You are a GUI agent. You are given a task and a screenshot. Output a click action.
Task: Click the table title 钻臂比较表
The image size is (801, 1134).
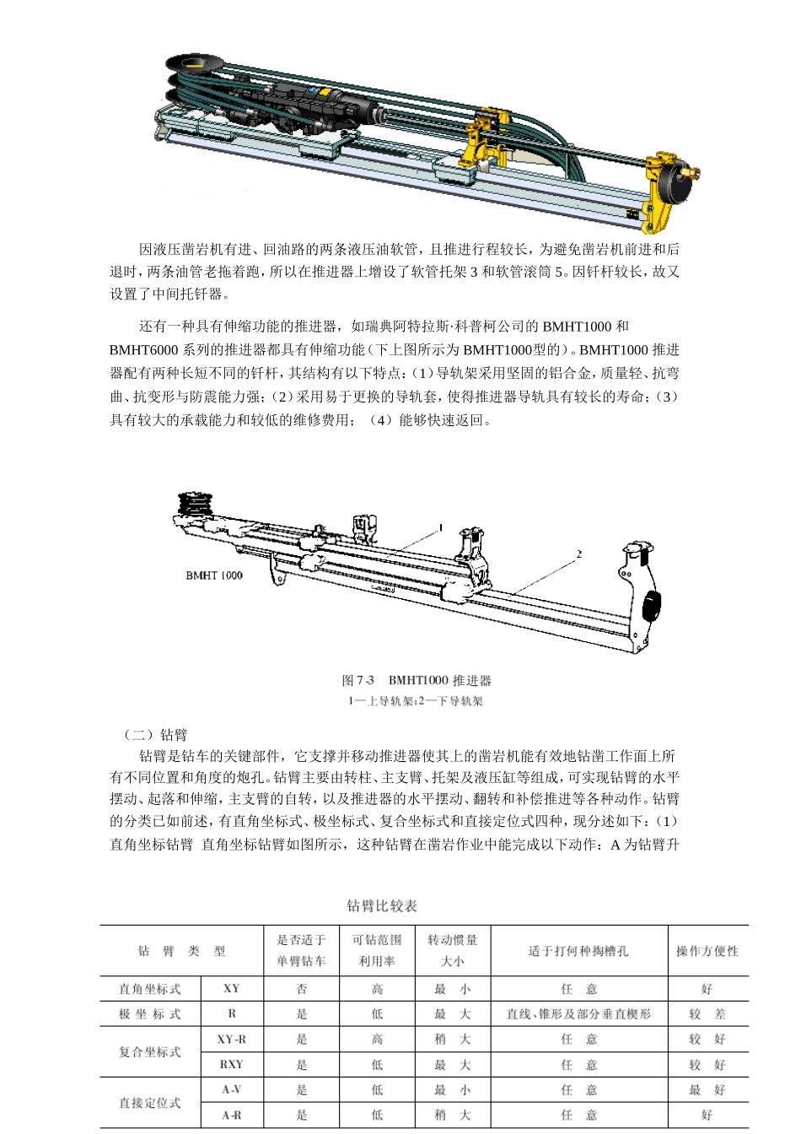coord(382,906)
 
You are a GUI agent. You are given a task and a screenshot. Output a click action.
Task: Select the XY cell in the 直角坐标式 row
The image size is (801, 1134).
coord(231,989)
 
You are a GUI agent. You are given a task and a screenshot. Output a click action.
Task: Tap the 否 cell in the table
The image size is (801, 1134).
coord(302,989)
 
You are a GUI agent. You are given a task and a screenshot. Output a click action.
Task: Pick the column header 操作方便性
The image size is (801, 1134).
coord(707,951)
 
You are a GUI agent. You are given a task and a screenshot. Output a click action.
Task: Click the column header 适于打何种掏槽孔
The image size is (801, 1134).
coord(578,951)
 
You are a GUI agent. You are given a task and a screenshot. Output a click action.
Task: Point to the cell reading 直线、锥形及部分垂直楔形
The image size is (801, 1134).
coord(578,1014)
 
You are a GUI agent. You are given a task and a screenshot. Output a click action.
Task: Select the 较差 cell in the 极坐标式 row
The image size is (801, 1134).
coord(707,1014)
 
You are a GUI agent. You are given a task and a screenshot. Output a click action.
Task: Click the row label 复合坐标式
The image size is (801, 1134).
coord(150,1052)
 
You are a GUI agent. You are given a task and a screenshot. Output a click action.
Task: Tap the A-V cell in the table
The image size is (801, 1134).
coord(231,1090)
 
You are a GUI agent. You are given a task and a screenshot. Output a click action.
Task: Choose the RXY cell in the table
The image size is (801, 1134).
coord(231,1065)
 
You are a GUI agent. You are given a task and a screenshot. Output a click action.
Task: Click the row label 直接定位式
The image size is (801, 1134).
coord(150,1103)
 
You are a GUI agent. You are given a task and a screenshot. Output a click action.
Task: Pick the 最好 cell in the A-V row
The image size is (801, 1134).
coord(707,1090)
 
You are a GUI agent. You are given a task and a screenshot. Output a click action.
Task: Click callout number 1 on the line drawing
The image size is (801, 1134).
coord(440,527)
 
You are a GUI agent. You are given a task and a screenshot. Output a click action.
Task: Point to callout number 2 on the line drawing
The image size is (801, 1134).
coord(579,554)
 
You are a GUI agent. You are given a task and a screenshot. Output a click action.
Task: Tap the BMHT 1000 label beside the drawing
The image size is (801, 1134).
coord(214,575)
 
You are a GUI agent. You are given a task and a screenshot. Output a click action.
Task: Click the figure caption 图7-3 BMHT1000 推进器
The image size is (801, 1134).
coord(417,680)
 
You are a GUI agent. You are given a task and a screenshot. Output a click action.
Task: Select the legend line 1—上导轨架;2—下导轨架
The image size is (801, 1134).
coord(416,701)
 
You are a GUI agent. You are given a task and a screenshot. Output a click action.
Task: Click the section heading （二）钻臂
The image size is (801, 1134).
coord(154,735)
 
